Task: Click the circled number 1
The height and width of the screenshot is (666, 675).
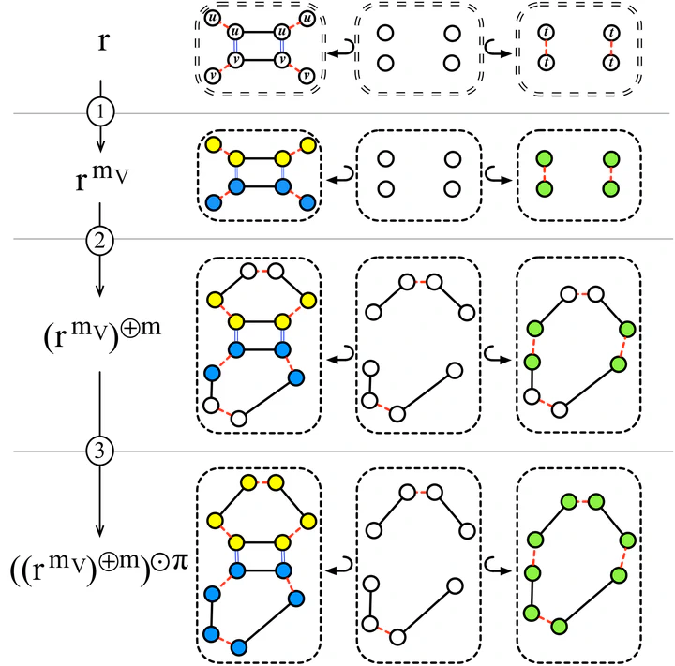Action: tap(100, 111)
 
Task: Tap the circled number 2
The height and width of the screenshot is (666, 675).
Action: tap(99, 241)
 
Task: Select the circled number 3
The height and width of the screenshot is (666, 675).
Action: tap(100, 451)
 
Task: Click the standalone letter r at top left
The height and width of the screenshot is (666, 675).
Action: tap(103, 42)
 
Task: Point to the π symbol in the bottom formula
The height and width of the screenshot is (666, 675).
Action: tap(177, 560)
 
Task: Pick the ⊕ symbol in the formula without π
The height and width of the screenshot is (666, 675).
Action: tap(129, 327)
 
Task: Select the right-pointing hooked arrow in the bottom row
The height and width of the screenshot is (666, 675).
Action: tap(498, 566)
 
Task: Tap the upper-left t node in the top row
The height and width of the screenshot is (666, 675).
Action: tap(546, 32)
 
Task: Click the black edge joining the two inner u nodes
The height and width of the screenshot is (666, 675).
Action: tap(259, 32)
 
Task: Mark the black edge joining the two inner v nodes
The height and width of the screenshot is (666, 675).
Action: tap(259, 59)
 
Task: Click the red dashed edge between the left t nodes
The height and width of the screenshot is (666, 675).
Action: tap(546, 48)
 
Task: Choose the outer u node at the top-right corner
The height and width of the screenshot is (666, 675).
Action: tap(307, 19)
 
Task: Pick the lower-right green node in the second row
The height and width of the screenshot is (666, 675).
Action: tap(611, 188)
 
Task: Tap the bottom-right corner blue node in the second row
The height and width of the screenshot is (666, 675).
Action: tap(307, 202)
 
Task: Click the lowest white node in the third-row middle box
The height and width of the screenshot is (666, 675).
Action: tap(397, 414)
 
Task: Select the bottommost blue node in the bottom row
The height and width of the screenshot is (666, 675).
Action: tap(238, 647)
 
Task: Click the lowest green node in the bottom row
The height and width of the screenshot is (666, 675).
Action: tap(559, 626)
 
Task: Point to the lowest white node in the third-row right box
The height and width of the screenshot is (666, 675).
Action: tap(559, 409)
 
